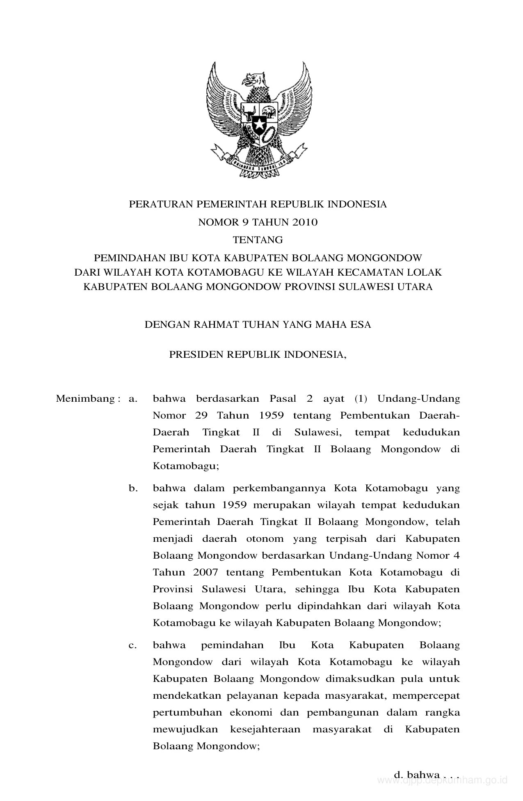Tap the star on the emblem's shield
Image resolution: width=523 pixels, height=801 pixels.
click(259, 123)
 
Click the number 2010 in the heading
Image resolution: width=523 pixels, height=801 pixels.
click(305, 223)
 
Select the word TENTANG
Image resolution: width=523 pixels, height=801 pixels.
click(258, 239)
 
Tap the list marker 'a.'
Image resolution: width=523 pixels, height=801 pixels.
click(132, 398)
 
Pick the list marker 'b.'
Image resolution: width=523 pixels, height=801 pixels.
click(132, 488)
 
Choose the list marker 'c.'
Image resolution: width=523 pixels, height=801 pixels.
click(132, 645)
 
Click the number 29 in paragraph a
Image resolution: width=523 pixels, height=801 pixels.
click(201, 415)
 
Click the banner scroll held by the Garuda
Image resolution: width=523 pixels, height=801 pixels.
click(258, 163)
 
